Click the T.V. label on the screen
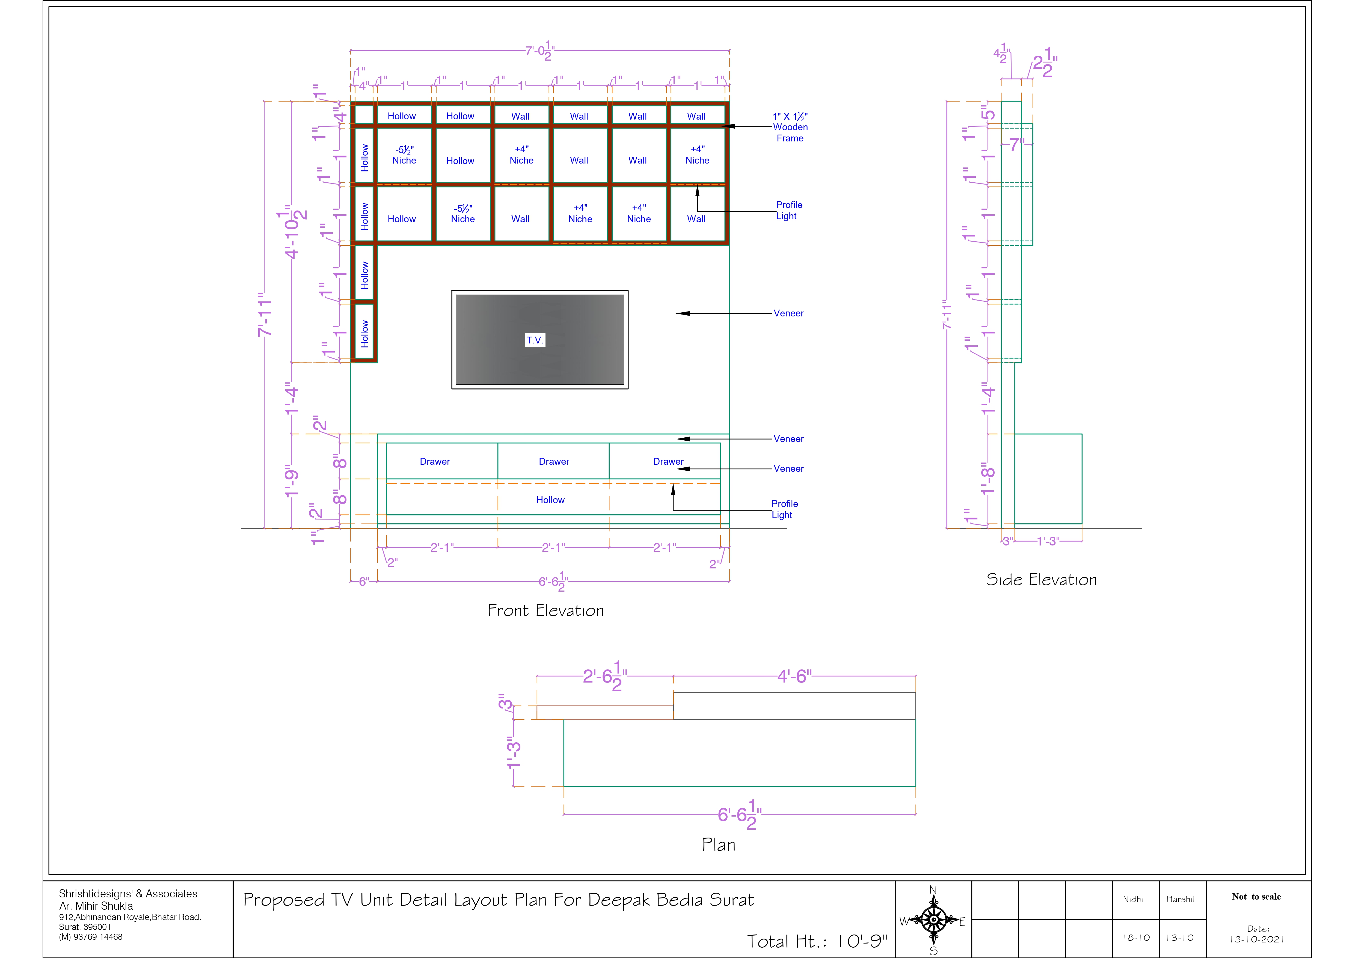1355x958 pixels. pos(535,340)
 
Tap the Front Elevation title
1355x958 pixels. pos(546,610)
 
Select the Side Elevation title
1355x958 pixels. pos(1042,580)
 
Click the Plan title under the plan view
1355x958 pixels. pos(719,845)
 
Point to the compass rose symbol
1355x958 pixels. pos(934,920)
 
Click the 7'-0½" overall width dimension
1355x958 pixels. pos(540,51)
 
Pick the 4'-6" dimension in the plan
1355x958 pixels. pos(794,676)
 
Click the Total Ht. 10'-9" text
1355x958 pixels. pos(817,941)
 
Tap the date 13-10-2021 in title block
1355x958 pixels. pos(1257,939)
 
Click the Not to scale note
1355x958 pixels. pos(1256,897)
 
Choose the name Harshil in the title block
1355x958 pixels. pos(1180,899)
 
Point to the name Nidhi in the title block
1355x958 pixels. pos(1133,899)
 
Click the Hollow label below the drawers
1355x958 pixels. pos(551,500)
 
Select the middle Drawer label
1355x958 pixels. pos(554,462)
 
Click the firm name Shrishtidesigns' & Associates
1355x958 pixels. pos(128,894)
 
